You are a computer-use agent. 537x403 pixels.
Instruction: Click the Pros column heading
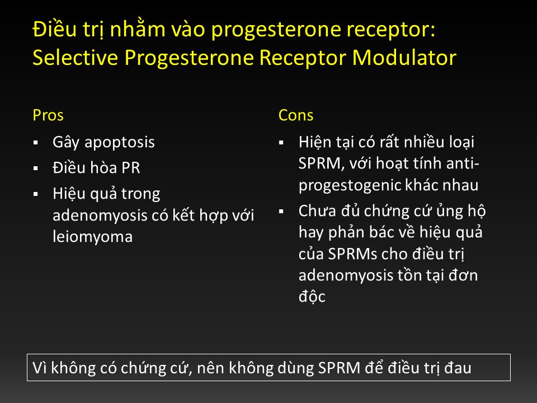click(x=48, y=115)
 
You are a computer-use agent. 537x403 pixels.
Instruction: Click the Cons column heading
click(x=296, y=115)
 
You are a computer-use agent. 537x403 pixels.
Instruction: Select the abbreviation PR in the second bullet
click(x=130, y=168)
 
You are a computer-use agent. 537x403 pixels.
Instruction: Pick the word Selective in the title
click(x=75, y=57)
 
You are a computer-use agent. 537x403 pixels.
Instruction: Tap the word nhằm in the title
click(x=138, y=28)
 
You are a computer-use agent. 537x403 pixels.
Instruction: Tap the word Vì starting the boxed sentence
click(x=40, y=368)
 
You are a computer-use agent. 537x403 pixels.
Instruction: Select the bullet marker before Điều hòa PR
click(x=36, y=168)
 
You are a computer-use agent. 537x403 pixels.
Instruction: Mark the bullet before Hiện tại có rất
click(x=281, y=143)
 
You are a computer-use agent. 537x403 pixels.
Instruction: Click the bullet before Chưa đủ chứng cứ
click(x=281, y=212)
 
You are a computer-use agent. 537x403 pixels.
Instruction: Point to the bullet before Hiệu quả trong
click(x=36, y=194)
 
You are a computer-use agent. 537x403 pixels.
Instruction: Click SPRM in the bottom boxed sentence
click(x=339, y=368)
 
